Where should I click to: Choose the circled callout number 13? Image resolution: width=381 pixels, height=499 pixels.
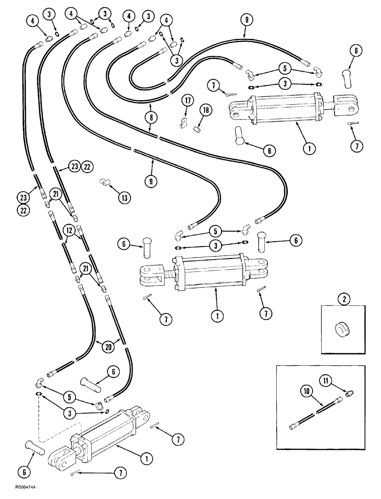(124, 198)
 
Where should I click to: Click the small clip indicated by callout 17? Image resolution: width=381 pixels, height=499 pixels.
(183, 121)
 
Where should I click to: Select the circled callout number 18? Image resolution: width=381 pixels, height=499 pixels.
(204, 109)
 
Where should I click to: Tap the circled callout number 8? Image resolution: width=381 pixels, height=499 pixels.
(150, 117)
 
